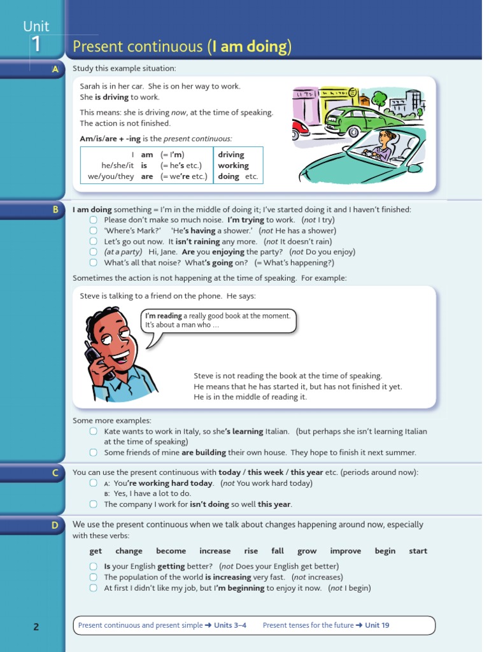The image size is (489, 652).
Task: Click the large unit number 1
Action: tap(36, 45)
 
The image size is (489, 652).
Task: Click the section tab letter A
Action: tap(55, 69)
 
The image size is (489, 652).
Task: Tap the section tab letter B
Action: tap(55, 209)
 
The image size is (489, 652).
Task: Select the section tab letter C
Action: tap(55, 472)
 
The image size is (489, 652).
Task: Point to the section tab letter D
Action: tap(55, 525)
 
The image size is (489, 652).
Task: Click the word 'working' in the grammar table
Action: tap(233, 166)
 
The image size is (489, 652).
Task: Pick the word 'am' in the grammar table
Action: tap(147, 155)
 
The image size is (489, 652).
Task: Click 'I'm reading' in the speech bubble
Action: tap(164, 316)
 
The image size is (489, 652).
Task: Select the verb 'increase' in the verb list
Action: tap(215, 551)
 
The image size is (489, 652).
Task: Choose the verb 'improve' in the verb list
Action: tap(345, 551)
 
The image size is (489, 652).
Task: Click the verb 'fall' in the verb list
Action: tap(278, 551)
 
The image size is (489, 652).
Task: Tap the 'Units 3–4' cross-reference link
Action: tap(230, 625)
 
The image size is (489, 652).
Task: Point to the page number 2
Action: tap(36, 627)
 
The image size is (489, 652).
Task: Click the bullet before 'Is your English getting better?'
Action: tap(93, 566)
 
